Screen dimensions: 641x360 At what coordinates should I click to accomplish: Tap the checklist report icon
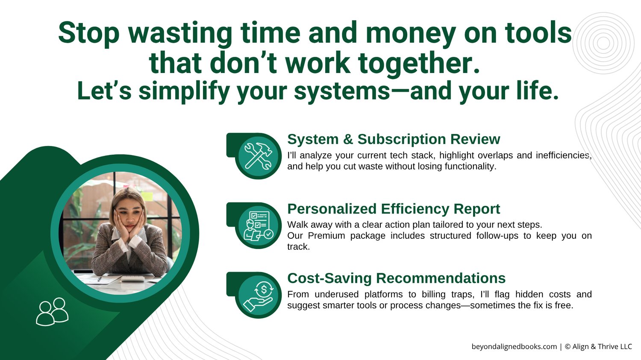259,225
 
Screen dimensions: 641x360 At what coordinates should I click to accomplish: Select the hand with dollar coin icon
259,296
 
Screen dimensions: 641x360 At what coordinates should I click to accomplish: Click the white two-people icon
52,312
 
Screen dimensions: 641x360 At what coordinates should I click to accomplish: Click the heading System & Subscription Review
394,139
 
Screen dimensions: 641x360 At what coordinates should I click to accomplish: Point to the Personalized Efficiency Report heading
394,209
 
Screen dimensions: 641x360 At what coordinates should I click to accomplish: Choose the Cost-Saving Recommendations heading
396,278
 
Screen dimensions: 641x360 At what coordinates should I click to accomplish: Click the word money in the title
411,34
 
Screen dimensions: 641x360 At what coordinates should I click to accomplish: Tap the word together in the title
419,64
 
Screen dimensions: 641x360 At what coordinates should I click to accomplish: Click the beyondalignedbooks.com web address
514,347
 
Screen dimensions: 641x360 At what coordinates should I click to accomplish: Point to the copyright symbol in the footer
568,347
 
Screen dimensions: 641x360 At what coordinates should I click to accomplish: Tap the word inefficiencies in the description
564,155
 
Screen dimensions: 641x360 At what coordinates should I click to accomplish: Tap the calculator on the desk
132,278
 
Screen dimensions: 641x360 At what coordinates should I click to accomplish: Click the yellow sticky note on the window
147,196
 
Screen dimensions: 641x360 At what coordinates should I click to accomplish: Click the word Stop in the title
89,34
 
